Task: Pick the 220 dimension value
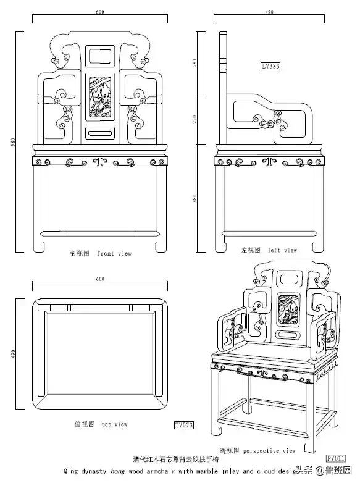tap(194, 119)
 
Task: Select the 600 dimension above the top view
tap(99, 279)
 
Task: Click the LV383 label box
tap(269, 65)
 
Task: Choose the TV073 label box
tap(184, 425)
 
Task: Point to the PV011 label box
tap(335, 458)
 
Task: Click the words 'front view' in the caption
tap(114, 253)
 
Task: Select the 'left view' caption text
tap(282, 250)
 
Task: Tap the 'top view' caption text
tap(115, 424)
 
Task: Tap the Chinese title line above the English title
tap(175, 460)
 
